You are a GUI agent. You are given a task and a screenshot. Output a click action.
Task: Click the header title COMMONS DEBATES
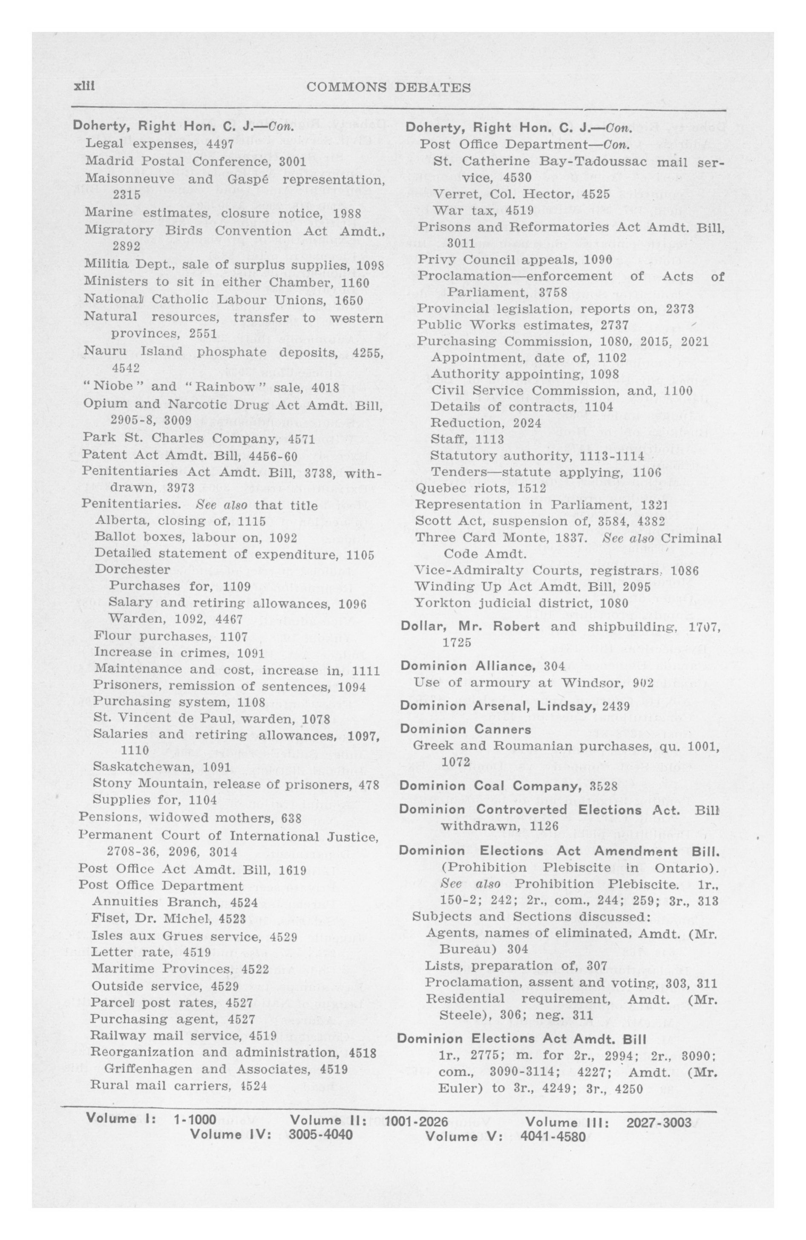(x=389, y=87)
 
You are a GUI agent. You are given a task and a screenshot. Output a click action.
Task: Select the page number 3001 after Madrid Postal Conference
(x=293, y=162)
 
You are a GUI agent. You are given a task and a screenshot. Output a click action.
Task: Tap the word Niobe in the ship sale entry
(x=118, y=388)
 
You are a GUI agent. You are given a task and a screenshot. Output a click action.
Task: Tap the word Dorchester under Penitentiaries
(x=132, y=569)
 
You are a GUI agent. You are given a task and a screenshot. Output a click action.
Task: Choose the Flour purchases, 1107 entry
(x=171, y=636)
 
